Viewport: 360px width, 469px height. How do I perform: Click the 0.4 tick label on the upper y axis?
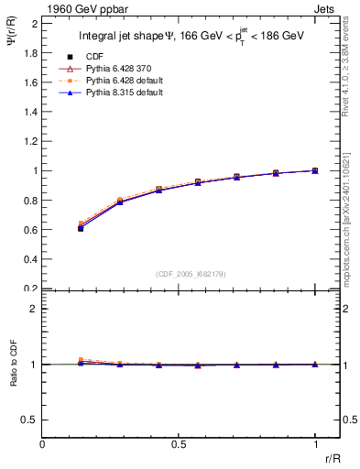31,259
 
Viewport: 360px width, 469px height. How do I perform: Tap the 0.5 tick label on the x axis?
179,443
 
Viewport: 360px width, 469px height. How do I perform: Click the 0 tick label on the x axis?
42,443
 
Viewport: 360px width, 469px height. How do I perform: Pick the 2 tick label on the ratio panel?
35,309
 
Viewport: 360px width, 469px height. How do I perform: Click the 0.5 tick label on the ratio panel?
31,420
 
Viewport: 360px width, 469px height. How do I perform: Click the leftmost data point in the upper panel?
81,227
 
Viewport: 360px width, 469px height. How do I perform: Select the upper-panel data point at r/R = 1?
315,170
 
